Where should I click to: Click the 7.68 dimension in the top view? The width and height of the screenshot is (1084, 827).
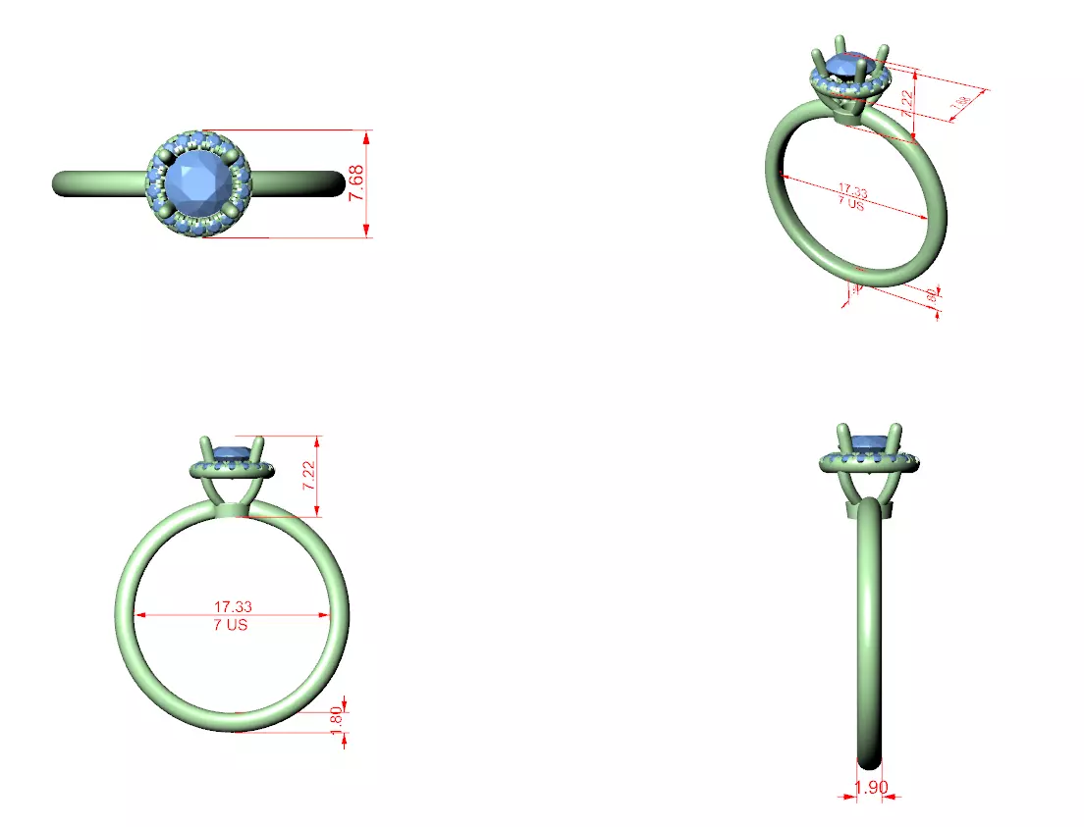356,183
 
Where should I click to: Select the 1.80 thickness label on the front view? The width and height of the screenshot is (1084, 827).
337,717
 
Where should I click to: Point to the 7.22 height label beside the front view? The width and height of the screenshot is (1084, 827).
309,475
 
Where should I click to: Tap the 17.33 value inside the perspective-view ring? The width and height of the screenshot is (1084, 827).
852,191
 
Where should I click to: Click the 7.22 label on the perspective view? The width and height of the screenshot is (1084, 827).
907,98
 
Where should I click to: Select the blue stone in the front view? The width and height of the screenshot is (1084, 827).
232,452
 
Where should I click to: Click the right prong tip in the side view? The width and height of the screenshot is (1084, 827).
895,429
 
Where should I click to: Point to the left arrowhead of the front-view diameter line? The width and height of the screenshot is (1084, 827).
138,615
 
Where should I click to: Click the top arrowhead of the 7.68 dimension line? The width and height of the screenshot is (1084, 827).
367,134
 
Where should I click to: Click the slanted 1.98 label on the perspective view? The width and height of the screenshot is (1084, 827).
961,103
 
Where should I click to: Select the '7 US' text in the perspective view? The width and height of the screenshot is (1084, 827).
850,205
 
